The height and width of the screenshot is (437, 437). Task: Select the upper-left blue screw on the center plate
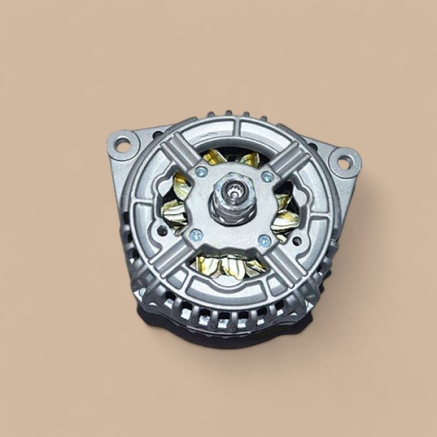point(201,171)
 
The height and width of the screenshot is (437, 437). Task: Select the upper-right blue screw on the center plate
point(267,177)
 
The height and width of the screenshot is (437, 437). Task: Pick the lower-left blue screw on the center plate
point(196,235)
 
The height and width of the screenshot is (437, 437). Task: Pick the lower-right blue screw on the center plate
point(264,240)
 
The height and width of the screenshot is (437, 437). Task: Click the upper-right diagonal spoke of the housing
point(293,160)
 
